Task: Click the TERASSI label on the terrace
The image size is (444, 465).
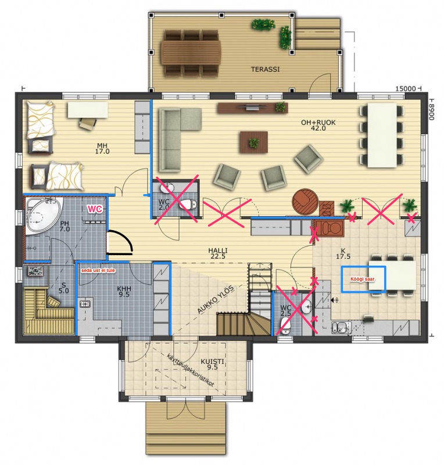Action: [x=265, y=69]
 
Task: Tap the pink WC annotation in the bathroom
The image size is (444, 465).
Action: [x=95, y=209]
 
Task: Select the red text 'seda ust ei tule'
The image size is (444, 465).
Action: [x=98, y=270]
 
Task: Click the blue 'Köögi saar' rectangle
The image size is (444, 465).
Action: [x=363, y=280]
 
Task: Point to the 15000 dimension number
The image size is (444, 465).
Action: [x=406, y=88]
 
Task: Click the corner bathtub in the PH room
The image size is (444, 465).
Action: [x=44, y=215]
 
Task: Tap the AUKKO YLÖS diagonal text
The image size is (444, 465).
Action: [x=216, y=299]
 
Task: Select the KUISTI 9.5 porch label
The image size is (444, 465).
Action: [x=212, y=364]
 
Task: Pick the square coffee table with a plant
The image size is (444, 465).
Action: [x=254, y=142]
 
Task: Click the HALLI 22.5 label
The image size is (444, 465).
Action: [x=218, y=253]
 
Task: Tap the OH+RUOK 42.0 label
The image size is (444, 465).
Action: [x=318, y=125]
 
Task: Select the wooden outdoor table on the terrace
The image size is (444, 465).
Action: [x=191, y=52]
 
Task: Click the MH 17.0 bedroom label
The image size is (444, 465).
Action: [x=102, y=148]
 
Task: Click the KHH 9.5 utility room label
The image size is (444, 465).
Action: [x=124, y=292]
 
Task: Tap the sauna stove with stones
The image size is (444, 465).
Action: [x=35, y=271]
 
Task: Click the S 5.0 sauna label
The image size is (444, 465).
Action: [x=63, y=288]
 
